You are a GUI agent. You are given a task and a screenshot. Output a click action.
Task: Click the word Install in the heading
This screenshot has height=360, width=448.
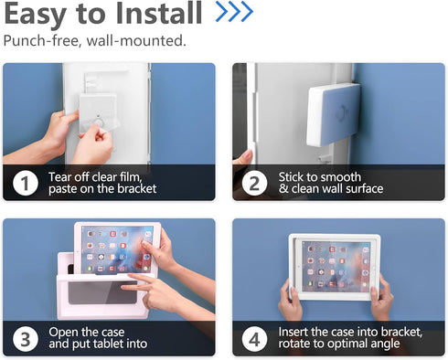pos(159,13)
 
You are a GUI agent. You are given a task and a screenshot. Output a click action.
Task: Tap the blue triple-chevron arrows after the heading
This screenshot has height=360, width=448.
pos(234,12)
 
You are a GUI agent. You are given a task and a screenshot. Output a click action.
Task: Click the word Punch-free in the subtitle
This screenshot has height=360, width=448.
pos(42,40)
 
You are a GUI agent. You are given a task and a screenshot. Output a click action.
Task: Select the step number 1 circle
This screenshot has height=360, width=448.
pos(26,184)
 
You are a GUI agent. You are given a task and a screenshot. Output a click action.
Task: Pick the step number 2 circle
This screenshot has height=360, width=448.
pos(254,184)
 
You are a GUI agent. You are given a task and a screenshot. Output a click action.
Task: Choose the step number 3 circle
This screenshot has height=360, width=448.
pos(26,339)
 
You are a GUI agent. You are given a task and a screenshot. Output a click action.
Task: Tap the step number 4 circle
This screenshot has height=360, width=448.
pos(254,339)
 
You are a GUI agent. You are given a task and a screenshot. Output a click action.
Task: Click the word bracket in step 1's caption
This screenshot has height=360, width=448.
pos(137,189)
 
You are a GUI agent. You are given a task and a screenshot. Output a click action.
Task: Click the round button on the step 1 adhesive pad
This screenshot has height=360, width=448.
pos(99,123)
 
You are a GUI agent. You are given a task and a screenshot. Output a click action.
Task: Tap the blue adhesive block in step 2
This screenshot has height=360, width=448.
pos(334,114)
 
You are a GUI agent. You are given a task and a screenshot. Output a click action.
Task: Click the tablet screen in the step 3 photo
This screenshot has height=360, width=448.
pos(117,249)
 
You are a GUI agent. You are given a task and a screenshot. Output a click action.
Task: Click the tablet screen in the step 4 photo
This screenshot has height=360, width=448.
pos(336,265)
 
